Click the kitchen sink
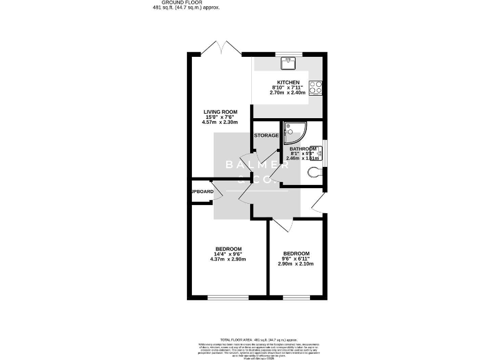[x=289, y=61]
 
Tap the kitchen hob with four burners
[x=316, y=87]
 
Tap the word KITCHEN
[x=289, y=82]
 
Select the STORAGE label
[x=266, y=135]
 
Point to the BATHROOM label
[x=302, y=149]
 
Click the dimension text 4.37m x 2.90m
[x=229, y=259]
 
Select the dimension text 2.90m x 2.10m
[x=296, y=264]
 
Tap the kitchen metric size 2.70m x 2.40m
[x=287, y=92]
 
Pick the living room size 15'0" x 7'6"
[x=216, y=117]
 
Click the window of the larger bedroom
[x=226, y=297]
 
